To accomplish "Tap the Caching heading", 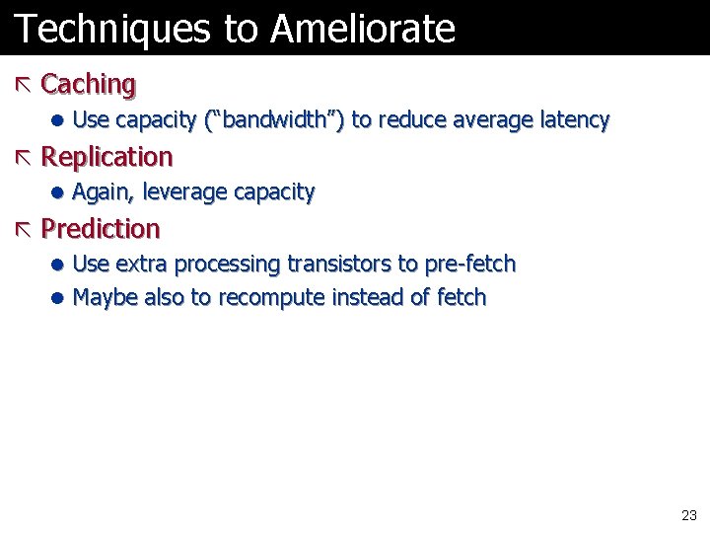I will [89, 85].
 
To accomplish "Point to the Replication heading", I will [106, 157].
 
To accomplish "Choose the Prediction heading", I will [101, 229].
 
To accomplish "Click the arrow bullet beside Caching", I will [24, 85].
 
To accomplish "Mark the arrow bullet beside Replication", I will [24, 157].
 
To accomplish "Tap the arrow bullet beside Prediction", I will [24, 229].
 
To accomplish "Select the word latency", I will [575, 120].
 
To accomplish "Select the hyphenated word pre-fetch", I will [470, 265].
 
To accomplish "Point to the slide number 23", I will [688, 515].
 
